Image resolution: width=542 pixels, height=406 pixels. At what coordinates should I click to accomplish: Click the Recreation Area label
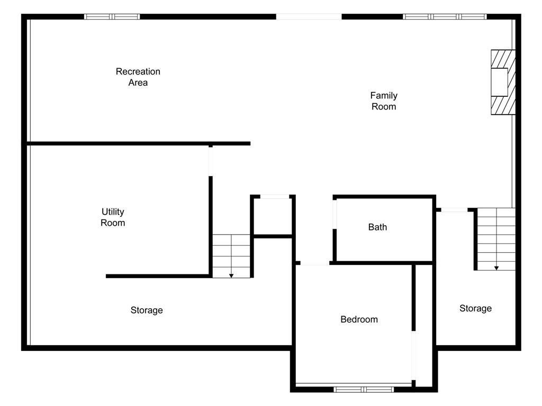(138, 77)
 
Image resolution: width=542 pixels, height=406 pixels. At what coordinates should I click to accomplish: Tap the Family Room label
(384, 101)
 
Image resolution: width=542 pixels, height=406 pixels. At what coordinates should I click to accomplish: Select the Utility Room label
(113, 217)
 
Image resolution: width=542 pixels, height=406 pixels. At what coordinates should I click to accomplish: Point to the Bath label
(377, 227)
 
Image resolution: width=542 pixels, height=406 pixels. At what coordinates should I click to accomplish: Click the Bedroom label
(359, 319)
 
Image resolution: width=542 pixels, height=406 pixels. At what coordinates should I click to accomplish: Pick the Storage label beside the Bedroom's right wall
(475, 308)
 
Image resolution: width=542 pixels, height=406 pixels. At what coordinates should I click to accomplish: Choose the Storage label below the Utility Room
(147, 310)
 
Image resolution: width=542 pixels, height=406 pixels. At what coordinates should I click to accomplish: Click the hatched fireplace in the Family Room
(503, 82)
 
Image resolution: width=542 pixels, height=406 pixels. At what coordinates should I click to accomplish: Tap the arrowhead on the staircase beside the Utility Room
(231, 276)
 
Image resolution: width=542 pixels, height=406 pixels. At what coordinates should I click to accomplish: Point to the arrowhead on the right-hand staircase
(496, 268)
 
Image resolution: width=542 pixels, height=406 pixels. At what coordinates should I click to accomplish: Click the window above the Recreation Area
(112, 16)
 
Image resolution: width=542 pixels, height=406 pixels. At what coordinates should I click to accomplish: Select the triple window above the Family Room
(445, 16)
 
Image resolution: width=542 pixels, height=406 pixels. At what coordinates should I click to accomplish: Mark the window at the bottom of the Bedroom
(364, 390)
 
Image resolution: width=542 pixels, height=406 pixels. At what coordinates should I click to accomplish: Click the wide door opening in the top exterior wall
(309, 16)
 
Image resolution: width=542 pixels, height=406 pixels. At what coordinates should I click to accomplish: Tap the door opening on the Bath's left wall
(335, 215)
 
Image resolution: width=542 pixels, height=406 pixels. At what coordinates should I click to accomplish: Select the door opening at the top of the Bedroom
(314, 263)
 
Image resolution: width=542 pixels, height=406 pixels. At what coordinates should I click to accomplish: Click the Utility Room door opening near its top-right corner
(211, 162)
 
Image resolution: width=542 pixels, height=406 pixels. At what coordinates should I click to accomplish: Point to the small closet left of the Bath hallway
(273, 216)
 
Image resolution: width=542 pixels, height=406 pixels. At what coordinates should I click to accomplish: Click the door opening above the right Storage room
(454, 209)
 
